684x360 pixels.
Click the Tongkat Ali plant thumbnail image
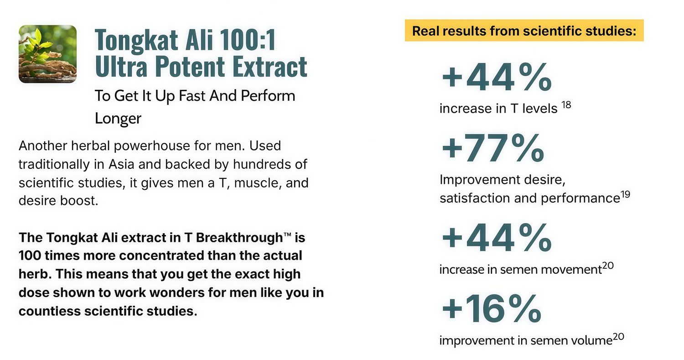click(47, 54)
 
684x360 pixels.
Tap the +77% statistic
click(493, 148)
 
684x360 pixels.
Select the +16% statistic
click(491, 308)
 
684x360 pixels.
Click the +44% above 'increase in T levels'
click(497, 77)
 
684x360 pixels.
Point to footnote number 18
click(566, 105)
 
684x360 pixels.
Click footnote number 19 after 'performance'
click(625, 194)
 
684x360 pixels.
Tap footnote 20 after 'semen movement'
click(608, 266)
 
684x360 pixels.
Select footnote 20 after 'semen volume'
click(618, 336)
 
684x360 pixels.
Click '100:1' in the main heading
click(248, 40)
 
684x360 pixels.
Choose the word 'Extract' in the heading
click(269, 66)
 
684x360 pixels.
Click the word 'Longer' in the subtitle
click(118, 118)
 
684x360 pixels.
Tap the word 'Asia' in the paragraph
click(121, 164)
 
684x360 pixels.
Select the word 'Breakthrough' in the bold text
click(239, 238)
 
